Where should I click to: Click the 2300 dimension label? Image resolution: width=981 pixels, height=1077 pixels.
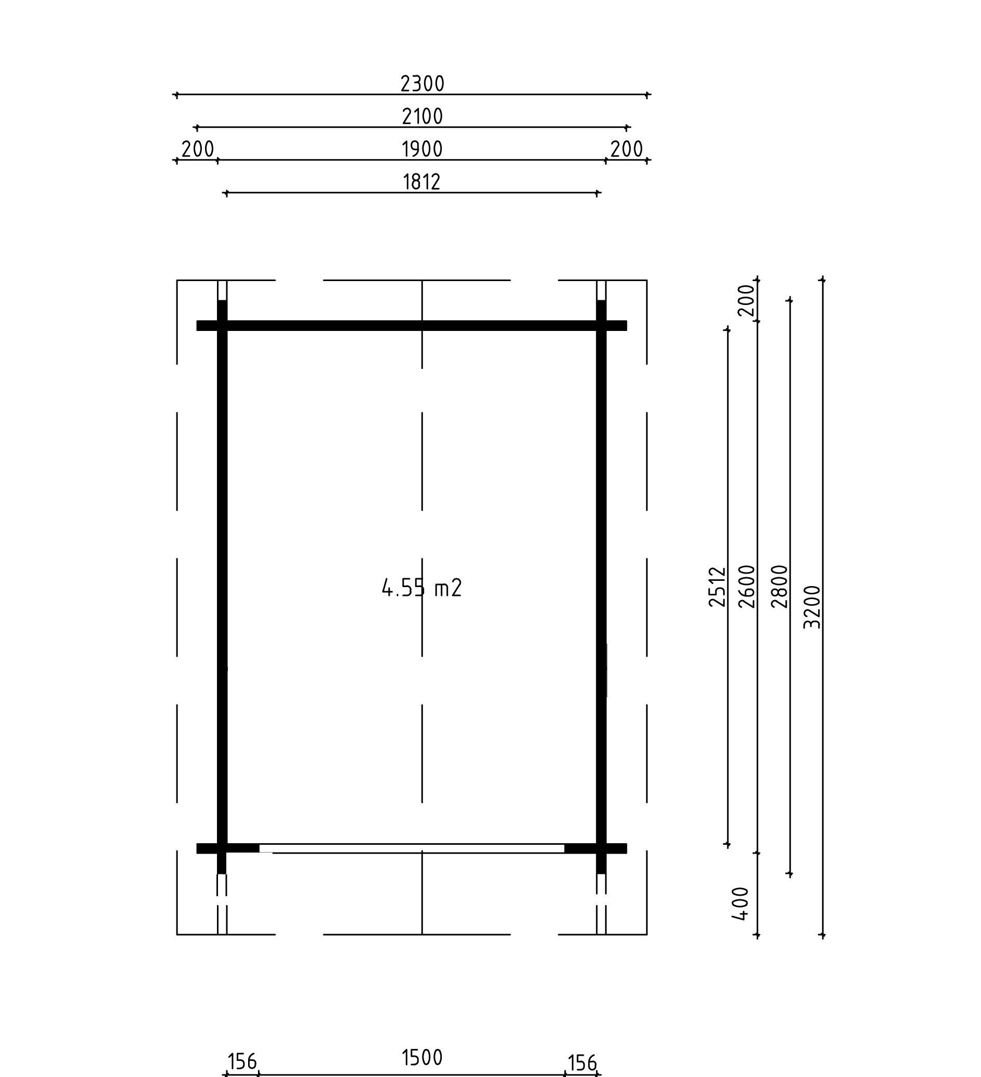422,83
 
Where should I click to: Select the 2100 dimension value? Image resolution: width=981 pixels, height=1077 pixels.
422,116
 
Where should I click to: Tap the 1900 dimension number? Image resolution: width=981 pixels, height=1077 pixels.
422,149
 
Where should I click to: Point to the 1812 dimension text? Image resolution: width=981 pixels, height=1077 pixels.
421,182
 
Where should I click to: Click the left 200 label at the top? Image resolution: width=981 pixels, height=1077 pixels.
198,149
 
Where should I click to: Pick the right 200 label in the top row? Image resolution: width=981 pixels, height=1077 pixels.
626,149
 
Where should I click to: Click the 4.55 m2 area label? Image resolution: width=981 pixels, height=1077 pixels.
421,588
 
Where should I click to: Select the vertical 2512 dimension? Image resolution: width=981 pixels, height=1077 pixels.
718,587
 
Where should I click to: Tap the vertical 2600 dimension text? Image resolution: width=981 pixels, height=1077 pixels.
747,587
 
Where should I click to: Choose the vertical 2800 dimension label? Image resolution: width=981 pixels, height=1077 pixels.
780,587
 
